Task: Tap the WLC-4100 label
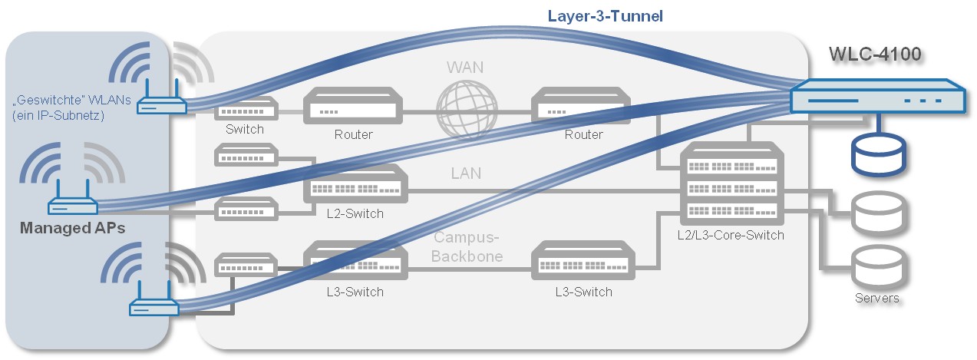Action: (x=875, y=54)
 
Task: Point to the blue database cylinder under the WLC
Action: (x=879, y=154)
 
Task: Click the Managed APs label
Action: (x=72, y=228)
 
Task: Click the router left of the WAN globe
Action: (x=353, y=107)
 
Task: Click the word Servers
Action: (x=876, y=298)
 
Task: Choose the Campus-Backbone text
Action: (x=467, y=247)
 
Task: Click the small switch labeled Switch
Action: (x=245, y=108)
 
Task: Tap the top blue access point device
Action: (x=161, y=105)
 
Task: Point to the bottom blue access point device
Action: (x=153, y=306)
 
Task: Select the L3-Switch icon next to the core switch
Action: (x=583, y=261)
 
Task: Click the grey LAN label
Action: (x=466, y=173)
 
